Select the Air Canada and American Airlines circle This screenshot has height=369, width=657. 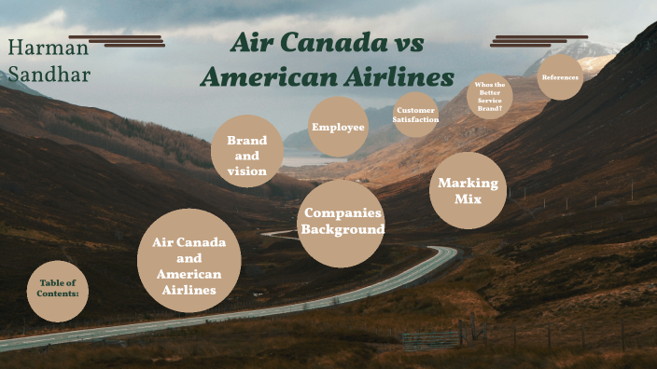pos(189,260)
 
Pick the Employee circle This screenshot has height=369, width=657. pos(338,127)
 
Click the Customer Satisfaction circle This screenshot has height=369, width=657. pos(415,115)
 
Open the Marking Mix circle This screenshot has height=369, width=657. pos(468,190)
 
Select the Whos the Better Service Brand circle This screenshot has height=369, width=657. pos(489,96)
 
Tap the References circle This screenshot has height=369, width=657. pos(560,77)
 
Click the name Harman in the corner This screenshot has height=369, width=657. pos(48,47)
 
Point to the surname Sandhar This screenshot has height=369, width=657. pos(49,74)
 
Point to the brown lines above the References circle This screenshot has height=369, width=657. pos(538,41)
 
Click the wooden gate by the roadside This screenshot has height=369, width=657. pos(432,339)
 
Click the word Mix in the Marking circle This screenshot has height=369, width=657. pos(468,198)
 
